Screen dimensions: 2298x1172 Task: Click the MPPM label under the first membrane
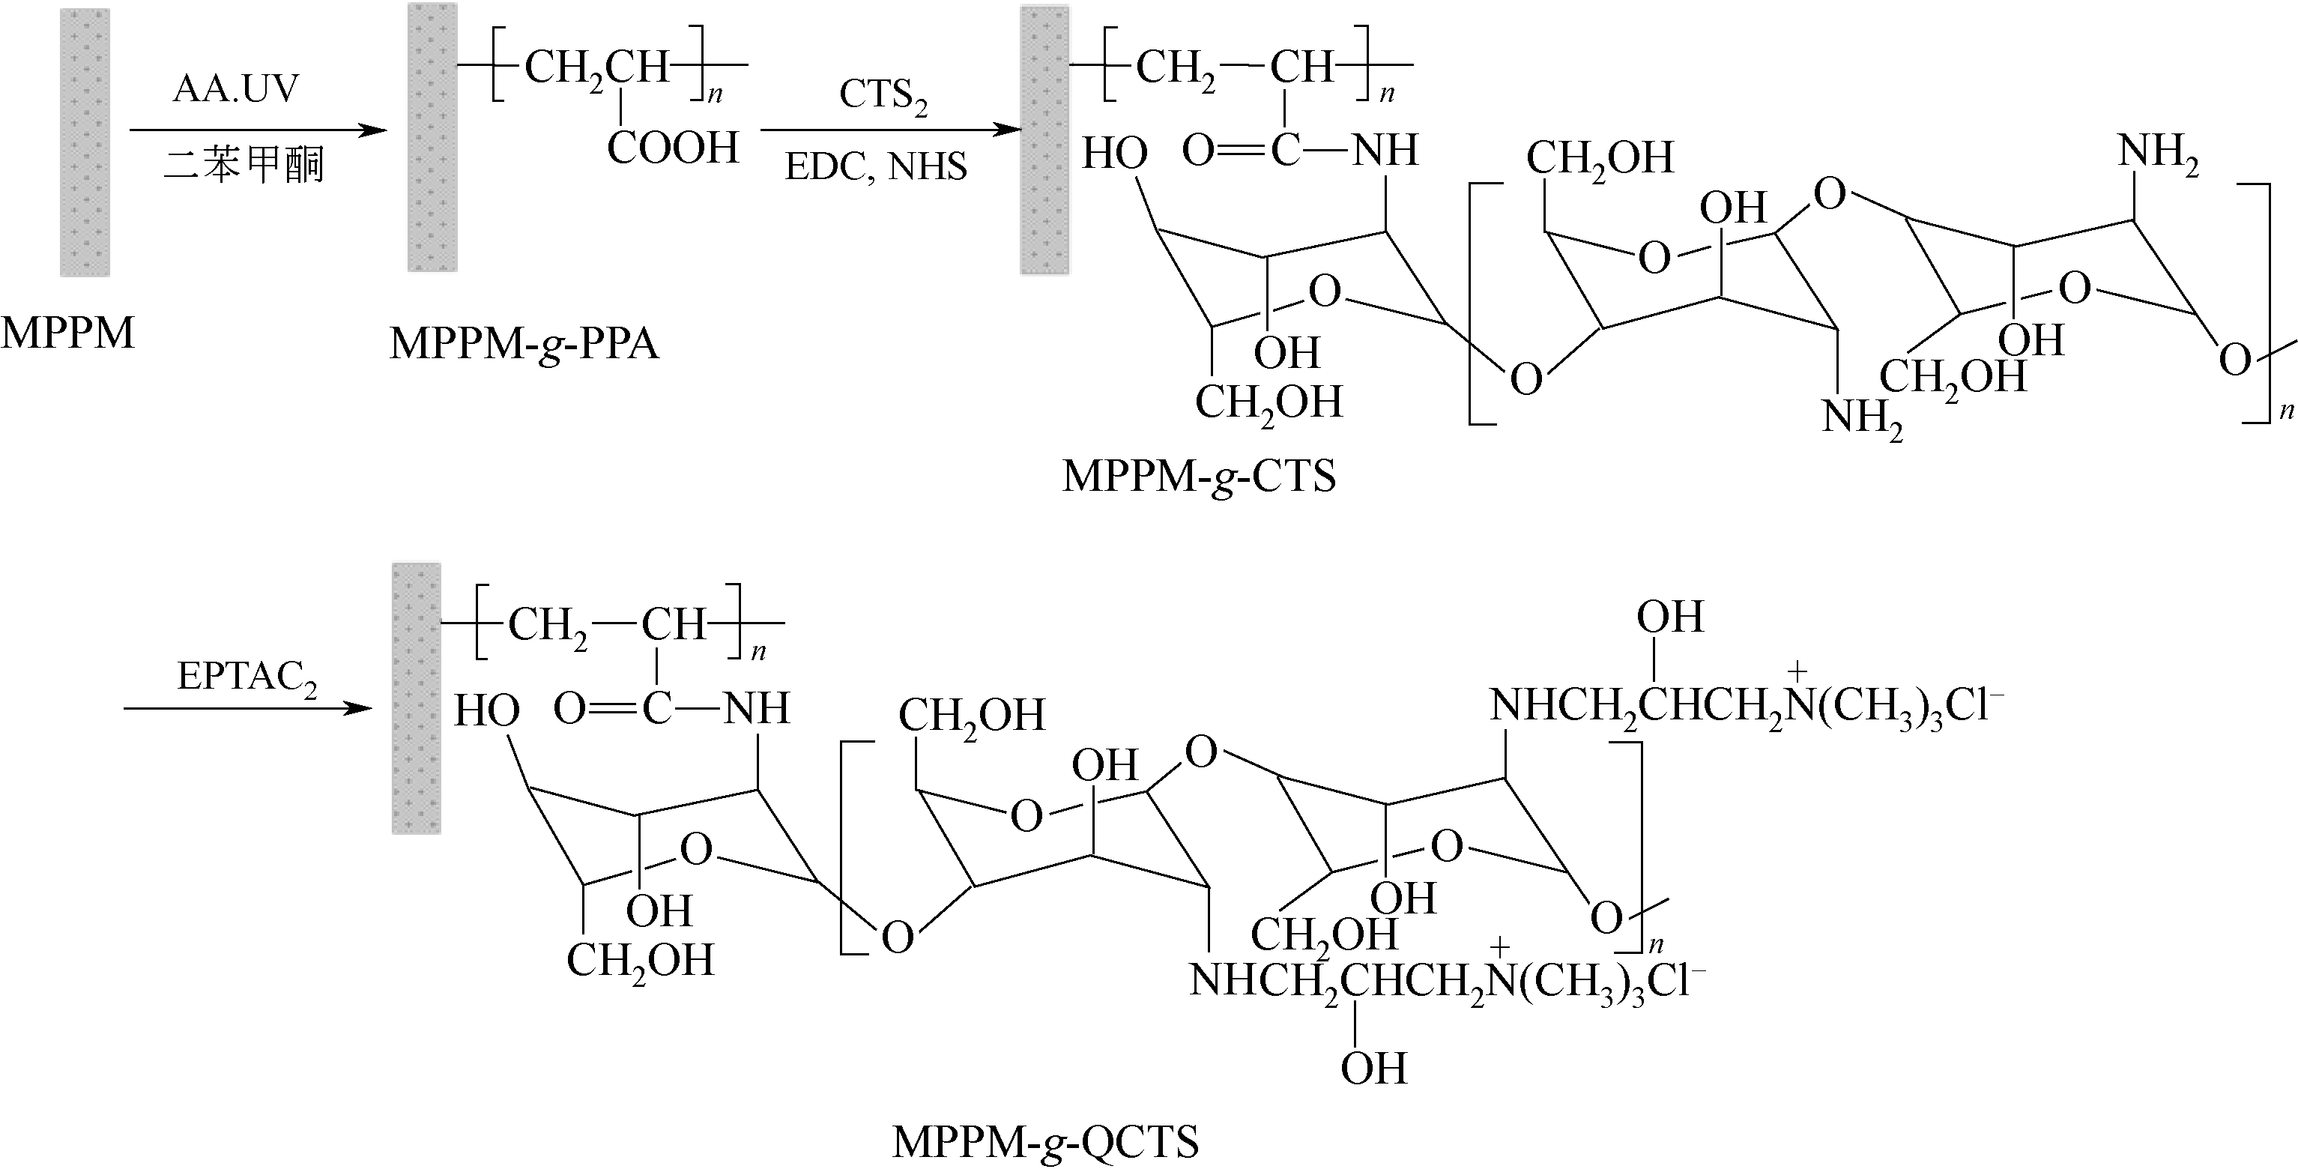tap(67, 333)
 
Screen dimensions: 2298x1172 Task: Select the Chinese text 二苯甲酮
tap(244, 165)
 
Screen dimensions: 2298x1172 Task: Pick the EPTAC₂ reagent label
tap(247, 678)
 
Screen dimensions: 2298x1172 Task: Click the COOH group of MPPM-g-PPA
tap(673, 147)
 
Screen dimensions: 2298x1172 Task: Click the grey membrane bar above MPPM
tap(85, 142)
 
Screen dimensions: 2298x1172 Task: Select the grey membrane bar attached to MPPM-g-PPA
tap(432, 137)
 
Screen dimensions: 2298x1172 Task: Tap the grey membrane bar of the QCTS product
tap(417, 698)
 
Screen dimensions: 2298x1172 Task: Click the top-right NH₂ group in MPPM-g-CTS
tap(2158, 151)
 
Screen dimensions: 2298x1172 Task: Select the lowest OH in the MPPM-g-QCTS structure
tap(1374, 1068)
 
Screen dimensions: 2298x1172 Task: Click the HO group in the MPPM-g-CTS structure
tap(1114, 154)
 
